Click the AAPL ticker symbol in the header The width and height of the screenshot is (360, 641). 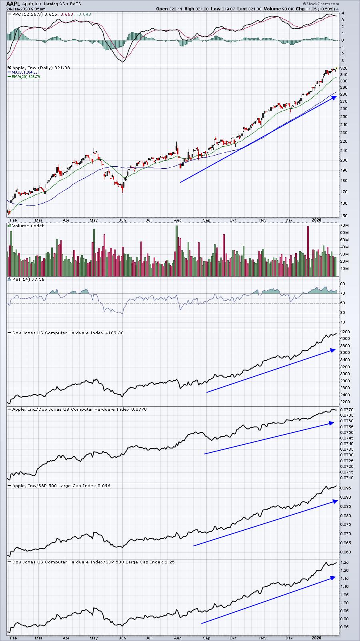13,4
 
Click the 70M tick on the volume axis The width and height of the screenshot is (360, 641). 344,226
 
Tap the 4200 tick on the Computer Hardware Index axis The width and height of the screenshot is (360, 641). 345,331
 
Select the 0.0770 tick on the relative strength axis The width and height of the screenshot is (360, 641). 346,409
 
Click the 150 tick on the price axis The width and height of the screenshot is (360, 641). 344,216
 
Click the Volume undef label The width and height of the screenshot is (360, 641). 26,226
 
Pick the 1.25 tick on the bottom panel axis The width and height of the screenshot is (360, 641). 344,562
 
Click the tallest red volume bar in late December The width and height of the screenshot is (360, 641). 308,251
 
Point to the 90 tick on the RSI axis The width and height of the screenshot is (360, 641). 343,284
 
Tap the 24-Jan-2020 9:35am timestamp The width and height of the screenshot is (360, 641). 26,9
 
